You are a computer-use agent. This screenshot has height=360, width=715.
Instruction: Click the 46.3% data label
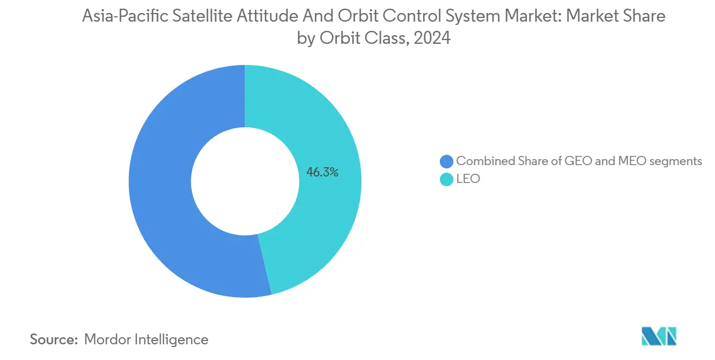click(x=322, y=173)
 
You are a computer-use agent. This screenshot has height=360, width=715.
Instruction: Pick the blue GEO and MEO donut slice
click(x=162, y=184)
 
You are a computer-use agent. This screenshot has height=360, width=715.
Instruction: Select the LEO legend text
click(x=468, y=178)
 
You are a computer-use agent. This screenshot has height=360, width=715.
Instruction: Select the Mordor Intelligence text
click(x=146, y=339)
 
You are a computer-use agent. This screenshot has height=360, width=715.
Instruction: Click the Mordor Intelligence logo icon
click(x=658, y=336)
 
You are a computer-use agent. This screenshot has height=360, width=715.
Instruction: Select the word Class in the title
click(x=382, y=38)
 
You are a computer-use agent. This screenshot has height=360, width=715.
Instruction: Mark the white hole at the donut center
click(x=245, y=181)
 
